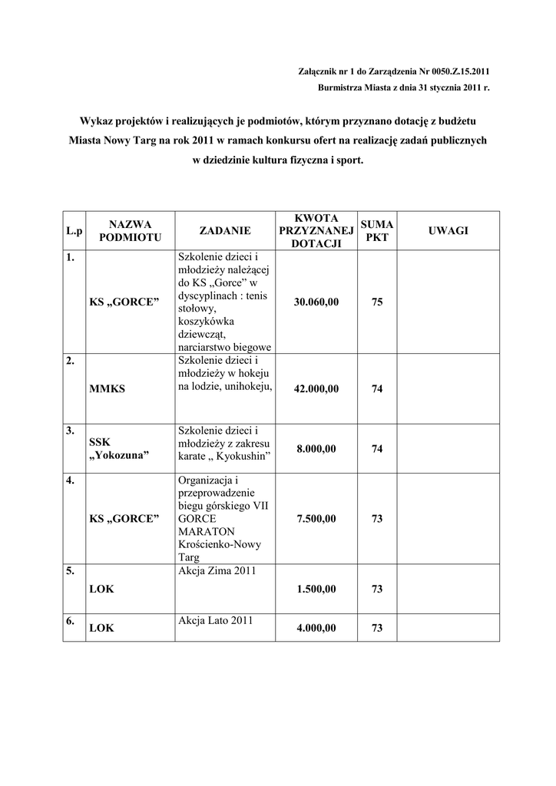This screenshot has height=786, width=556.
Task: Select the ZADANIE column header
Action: click(x=225, y=230)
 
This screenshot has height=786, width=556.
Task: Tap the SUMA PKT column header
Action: click(x=377, y=230)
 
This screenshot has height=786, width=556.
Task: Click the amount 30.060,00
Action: click(x=316, y=302)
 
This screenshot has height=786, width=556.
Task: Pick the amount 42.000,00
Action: click(x=316, y=389)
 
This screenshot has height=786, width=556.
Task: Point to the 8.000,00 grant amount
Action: click(x=316, y=449)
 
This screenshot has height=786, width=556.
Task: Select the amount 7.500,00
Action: click(x=316, y=519)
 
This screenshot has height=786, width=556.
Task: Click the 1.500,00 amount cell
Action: click(x=316, y=589)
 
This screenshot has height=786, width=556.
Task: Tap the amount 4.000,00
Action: click(x=316, y=628)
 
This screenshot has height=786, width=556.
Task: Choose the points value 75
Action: click(x=377, y=302)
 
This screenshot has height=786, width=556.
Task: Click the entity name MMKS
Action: click(x=107, y=389)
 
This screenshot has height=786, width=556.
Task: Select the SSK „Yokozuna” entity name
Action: click(x=119, y=449)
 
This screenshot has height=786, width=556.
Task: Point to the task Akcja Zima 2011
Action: click(x=216, y=571)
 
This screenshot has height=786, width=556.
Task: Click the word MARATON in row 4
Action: click(x=207, y=531)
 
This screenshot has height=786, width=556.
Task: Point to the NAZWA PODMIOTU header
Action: click(x=130, y=230)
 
